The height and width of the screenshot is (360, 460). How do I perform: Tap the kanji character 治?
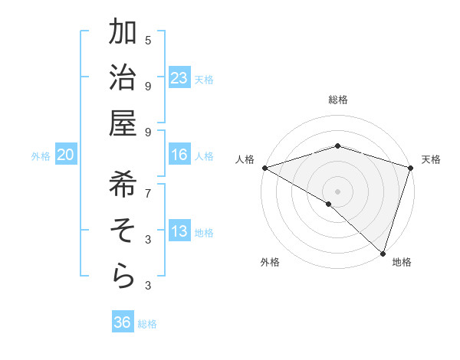point(123,79)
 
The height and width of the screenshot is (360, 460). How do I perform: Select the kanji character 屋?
point(123,126)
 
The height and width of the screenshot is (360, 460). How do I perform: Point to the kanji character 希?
point(123,185)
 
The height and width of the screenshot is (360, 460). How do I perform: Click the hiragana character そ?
point(123,231)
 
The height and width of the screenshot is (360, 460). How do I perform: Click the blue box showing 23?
point(179,78)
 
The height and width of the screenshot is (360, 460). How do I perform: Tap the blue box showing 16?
point(179,155)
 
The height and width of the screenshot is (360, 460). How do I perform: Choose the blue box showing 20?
point(66,155)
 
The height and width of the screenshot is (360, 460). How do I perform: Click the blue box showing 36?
point(123,322)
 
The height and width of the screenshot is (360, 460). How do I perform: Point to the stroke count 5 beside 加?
point(148,40)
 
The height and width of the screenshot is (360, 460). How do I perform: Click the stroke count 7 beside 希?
point(148,192)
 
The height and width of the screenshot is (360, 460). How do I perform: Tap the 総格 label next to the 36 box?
point(147,324)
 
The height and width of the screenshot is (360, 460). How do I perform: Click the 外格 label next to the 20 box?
point(41,156)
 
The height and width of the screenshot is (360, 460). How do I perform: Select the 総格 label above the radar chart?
point(338,100)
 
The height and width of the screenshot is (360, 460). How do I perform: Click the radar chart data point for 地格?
point(383,252)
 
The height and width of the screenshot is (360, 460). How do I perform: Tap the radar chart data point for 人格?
point(264,168)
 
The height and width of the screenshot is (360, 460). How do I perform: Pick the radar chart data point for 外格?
point(329,204)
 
